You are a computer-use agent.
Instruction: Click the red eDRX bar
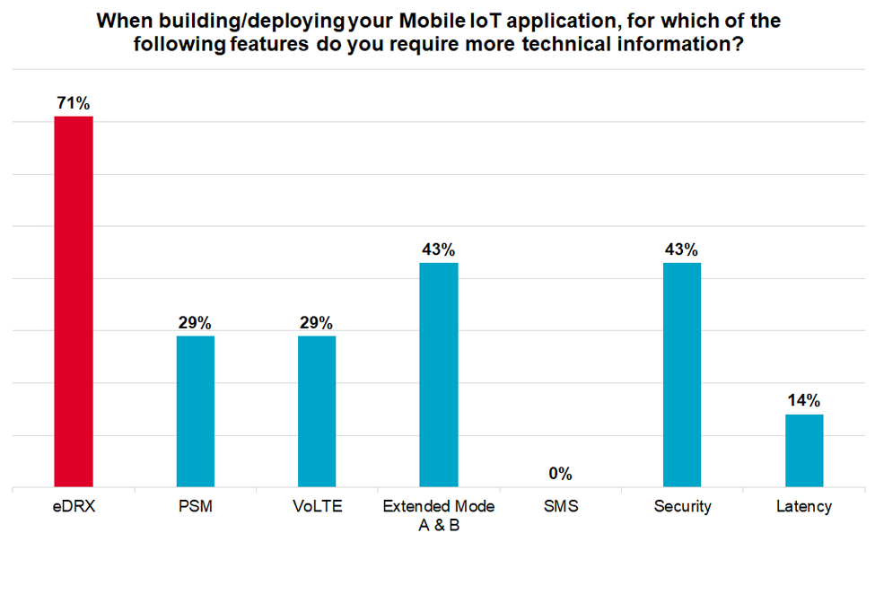click(x=74, y=301)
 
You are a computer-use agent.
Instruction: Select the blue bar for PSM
click(x=195, y=411)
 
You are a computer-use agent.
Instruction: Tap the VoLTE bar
click(x=317, y=411)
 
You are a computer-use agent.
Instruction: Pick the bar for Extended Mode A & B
click(x=439, y=375)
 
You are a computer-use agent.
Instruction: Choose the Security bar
click(x=682, y=375)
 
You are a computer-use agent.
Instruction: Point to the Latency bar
click(x=804, y=450)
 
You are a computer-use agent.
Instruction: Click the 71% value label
click(x=74, y=104)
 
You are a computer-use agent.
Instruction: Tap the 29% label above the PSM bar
click(x=195, y=323)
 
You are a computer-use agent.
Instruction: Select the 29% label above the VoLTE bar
click(x=317, y=323)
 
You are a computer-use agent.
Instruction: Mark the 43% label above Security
click(x=682, y=249)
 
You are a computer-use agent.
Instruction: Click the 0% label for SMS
click(x=560, y=474)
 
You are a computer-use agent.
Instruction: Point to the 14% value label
click(x=804, y=400)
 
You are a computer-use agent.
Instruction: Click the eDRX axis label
click(x=74, y=507)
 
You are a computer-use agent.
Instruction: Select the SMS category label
click(x=560, y=507)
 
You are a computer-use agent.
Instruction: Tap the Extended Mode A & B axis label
click(x=439, y=516)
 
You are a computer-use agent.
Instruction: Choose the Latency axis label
click(x=804, y=507)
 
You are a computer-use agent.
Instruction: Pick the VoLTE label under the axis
click(x=317, y=507)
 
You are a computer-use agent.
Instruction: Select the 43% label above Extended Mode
click(x=439, y=249)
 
